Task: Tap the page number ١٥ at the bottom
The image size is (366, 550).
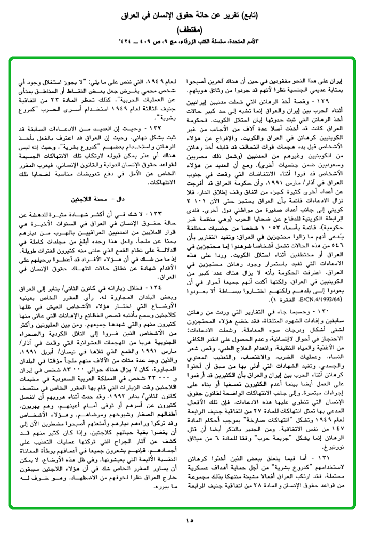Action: (x=183, y=521)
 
